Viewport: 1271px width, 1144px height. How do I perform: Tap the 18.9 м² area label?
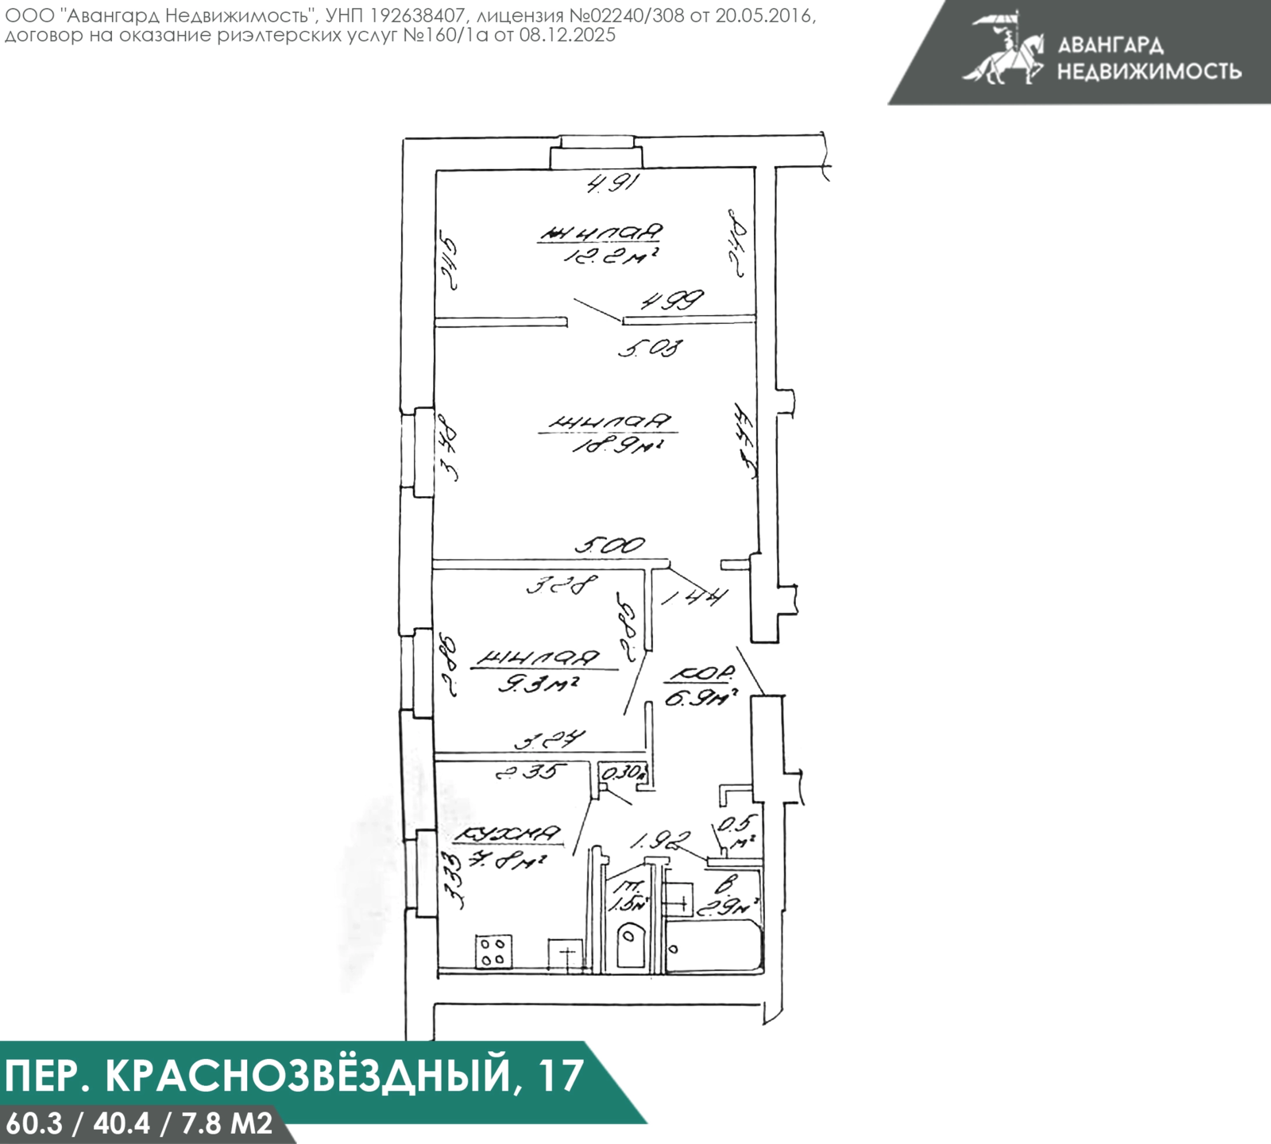[x=618, y=446]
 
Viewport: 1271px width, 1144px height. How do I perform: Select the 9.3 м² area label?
[x=538, y=683]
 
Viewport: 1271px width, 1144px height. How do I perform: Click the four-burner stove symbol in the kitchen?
[x=493, y=950]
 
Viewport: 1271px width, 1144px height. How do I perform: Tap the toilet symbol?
[x=630, y=942]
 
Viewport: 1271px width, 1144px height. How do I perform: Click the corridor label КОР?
[x=701, y=675]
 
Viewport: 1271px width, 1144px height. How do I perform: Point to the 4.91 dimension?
[x=613, y=184]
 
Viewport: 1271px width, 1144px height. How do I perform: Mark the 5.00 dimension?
[x=610, y=545]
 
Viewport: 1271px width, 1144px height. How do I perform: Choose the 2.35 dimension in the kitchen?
[x=530, y=771]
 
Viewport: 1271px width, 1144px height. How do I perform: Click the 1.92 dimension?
[x=660, y=841]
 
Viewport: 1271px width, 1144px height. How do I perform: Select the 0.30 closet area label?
[x=624, y=772]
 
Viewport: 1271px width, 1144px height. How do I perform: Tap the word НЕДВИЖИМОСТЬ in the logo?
[x=1149, y=71]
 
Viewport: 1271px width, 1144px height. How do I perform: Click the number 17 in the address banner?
[x=559, y=1076]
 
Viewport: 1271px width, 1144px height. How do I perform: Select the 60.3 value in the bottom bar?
[x=33, y=1123]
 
